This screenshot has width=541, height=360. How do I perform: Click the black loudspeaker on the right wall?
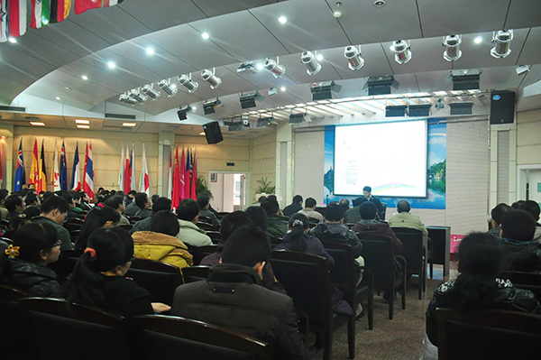tap(502, 106)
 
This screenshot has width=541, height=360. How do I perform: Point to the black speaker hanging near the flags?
tap(213, 133)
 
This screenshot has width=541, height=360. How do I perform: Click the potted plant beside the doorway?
tap(264, 188)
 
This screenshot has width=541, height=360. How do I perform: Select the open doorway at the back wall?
tap(225, 190)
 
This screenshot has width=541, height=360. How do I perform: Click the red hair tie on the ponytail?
tap(90, 253)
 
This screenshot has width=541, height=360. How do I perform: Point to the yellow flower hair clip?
tap(12, 251)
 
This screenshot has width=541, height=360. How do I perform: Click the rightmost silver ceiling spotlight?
tap(501, 42)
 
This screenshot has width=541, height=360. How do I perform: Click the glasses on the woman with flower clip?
tap(56, 245)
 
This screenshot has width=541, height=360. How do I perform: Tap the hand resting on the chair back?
tap(160, 308)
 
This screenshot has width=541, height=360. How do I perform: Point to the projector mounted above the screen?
tap(381, 85)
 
